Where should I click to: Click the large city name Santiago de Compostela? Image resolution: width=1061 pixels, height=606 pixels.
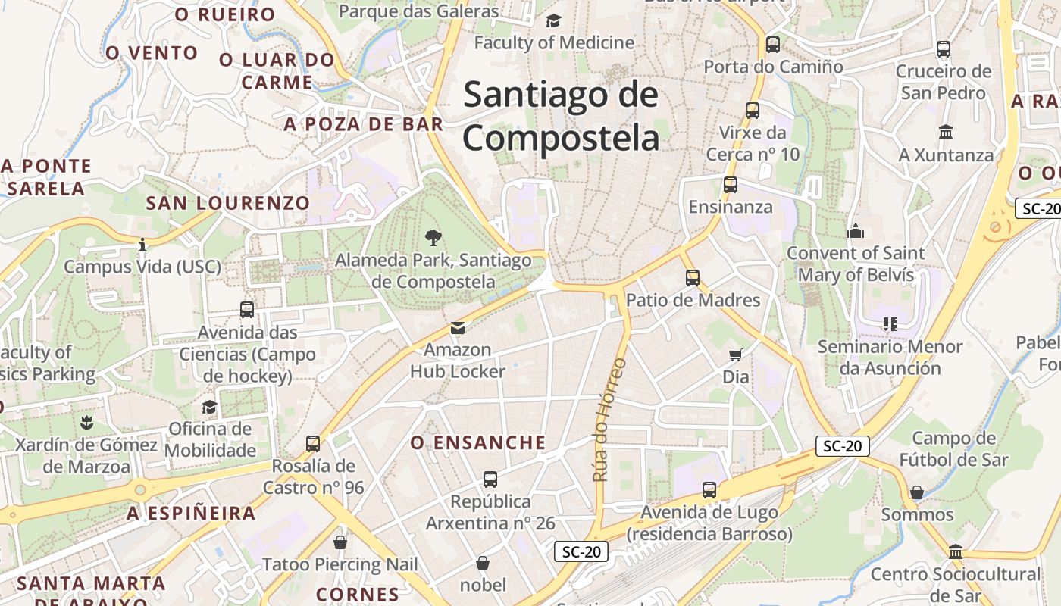coord(561,117)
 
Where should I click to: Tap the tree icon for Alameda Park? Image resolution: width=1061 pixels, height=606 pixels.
coord(433,238)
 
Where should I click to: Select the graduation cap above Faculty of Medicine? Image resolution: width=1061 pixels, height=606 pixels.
coord(554,20)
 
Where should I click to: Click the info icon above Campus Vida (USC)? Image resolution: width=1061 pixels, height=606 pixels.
coord(142,244)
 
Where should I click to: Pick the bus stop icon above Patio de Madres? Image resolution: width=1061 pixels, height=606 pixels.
coord(693,277)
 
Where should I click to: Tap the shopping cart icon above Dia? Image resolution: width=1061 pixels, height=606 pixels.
coord(735,354)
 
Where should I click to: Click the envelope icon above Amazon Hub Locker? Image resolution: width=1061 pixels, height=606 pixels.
coord(458,327)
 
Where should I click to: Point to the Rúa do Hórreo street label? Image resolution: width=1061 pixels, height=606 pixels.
coord(610,420)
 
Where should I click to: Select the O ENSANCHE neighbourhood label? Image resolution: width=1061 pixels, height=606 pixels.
coord(478,442)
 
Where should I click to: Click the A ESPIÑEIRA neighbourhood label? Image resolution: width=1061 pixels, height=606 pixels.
coord(191,514)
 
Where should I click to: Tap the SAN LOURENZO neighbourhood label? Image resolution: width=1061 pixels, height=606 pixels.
coord(228,203)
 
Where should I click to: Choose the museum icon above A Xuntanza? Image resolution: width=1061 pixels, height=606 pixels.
coord(946,133)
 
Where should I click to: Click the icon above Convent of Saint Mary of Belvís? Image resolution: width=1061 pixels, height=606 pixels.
coord(856,230)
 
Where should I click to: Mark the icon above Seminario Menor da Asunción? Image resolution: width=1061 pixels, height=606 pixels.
coord(890,324)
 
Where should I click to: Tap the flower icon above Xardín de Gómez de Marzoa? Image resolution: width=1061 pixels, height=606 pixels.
coord(86,422)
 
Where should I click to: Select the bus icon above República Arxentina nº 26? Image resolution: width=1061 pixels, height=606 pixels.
coord(490,479)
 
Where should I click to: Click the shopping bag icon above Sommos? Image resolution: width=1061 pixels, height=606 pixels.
coord(917,492)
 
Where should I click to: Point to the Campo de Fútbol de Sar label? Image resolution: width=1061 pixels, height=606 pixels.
coord(953,448)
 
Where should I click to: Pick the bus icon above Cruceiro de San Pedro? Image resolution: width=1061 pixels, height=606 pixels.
coord(944,49)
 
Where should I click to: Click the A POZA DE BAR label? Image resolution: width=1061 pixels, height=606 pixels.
coord(363,124)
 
